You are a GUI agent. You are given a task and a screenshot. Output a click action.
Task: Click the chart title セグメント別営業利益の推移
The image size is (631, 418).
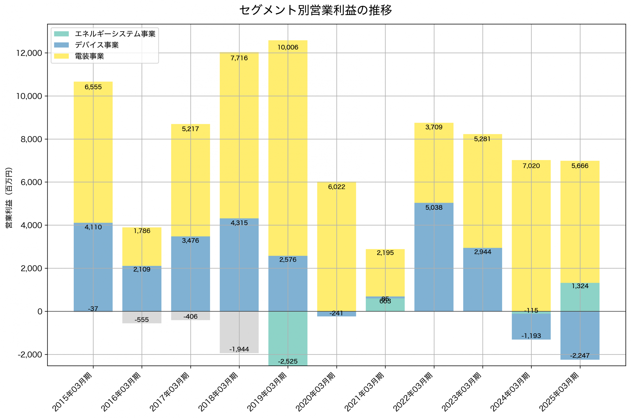click(x=315, y=10)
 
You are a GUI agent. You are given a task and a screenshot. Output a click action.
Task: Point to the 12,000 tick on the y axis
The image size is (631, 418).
click(x=29, y=53)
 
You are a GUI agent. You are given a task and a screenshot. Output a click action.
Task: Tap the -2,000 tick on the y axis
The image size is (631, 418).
click(x=30, y=354)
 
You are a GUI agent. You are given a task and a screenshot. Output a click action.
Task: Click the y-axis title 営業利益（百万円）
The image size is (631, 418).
click(x=9, y=198)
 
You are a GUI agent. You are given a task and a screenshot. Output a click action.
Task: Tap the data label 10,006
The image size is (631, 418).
click(x=288, y=48)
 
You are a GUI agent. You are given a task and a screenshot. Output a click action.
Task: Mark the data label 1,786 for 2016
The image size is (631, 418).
click(x=142, y=231)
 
